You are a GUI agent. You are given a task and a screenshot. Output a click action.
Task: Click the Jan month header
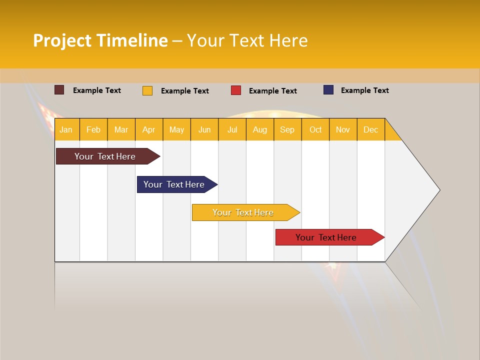point(66,129)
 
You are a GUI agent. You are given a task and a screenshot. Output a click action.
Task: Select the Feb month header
point(93,129)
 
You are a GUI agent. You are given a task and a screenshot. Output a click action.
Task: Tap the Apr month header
point(149,129)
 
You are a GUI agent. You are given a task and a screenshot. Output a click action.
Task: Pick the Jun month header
point(204,129)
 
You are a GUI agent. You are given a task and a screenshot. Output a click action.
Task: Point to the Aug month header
point(260,129)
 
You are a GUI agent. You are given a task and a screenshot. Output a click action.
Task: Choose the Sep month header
point(287,129)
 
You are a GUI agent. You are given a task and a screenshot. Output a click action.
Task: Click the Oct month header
point(315,129)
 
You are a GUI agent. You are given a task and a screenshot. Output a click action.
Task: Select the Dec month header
point(371,129)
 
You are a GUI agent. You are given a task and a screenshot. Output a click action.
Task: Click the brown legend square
point(59,90)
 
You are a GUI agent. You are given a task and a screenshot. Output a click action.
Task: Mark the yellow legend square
point(147,90)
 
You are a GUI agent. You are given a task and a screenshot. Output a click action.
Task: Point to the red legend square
point(236,90)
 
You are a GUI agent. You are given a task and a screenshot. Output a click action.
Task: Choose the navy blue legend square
point(328,90)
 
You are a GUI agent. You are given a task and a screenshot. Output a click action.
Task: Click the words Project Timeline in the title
point(100,40)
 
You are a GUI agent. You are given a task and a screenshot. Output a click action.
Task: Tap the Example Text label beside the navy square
point(364,90)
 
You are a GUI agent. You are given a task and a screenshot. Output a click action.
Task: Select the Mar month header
point(121,129)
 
